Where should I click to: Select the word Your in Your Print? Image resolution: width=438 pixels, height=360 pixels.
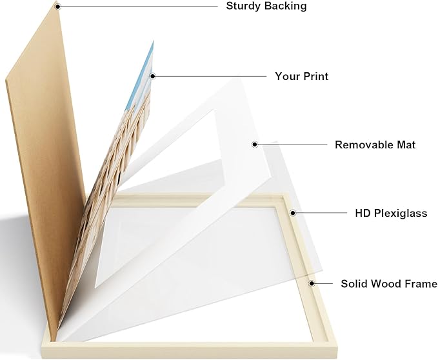(x=286, y=76)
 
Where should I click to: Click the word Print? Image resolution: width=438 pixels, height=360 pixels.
(x=315, y=76)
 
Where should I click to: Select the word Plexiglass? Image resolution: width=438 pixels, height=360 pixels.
(x=401, y=214)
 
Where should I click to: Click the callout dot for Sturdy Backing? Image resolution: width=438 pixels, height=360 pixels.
(x=57, y=6)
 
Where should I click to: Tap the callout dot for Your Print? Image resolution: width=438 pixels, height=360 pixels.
(x=152, y=76)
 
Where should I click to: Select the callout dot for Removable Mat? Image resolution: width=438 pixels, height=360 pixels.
(x=255, y=145)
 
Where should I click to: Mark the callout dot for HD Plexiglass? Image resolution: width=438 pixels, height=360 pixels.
(x=293, y=213)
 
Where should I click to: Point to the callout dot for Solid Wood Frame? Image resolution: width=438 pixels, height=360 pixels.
(x=312, y=283)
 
